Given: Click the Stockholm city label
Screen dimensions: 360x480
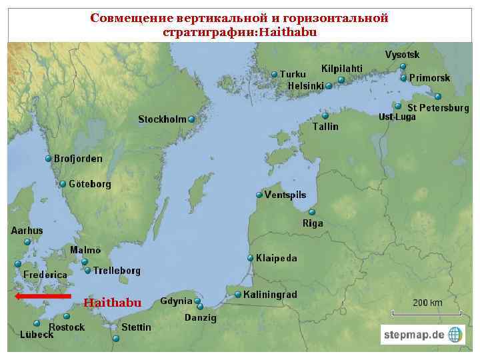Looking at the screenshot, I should click(x=162, y=119).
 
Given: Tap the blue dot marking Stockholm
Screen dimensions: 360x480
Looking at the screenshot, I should click(x=191, y=119).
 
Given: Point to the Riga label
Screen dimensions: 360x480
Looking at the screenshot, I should click(x=313, y=223).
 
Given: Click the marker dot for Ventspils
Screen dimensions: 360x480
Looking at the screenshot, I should click(x=259, y=195).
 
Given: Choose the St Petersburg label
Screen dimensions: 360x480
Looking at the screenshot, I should click(x=438, y=107).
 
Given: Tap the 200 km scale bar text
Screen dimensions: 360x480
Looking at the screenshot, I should click(x=427, y=303).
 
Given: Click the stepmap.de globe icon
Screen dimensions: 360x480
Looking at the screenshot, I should click(x=455, y=334).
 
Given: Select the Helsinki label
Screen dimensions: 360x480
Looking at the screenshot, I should click(x=305, y=86).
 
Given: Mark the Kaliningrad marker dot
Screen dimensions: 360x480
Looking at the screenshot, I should click(x=238, y=295).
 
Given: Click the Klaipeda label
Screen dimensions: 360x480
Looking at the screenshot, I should click(x=277, y=258).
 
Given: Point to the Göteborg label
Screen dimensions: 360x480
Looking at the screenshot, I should click(x=89, y=183).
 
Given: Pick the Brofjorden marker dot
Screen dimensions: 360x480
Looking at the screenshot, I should click(x=49, y=159).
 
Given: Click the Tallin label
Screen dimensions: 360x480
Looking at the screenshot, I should click(x=325, y=126).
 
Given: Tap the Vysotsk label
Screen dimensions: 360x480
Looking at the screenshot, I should click(x=402, y=54).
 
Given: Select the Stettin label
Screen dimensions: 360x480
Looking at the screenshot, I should click(x=136, y=327).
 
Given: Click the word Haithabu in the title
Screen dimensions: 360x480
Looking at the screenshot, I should click(x=289, y=31).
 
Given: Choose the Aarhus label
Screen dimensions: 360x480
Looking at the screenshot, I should click(x=27, y=230).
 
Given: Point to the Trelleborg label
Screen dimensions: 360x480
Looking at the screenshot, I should click(x=117, y=271).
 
